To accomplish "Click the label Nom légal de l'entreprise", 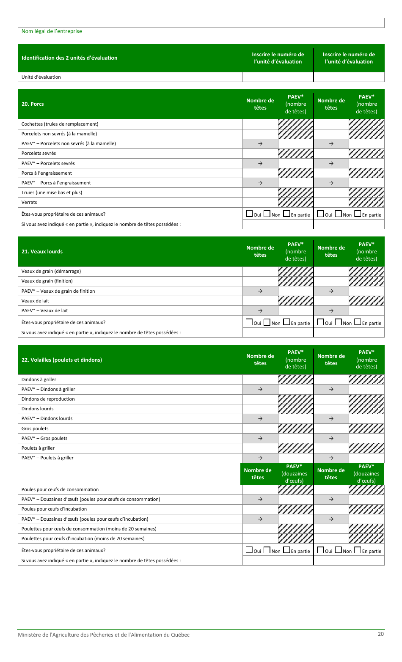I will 52,31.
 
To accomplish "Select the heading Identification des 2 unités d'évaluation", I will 69,58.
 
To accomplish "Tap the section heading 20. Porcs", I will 33,104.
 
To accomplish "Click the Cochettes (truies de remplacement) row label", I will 60,124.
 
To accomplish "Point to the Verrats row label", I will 29,202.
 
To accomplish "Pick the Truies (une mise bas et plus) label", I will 52,192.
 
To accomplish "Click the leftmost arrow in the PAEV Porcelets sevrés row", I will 260,163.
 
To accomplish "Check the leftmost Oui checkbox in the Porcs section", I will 250,214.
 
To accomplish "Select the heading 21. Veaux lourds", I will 42,252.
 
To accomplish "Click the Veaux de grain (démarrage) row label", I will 51,271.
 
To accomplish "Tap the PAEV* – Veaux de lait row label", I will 44,310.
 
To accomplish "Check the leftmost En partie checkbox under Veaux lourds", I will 286,322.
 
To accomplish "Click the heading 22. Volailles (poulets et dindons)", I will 62,360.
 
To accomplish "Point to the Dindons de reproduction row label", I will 48,399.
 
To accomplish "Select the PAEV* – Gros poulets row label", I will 44,438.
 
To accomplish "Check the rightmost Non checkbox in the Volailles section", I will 338,550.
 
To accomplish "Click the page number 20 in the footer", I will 381,634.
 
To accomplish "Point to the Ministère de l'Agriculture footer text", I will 104,635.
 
